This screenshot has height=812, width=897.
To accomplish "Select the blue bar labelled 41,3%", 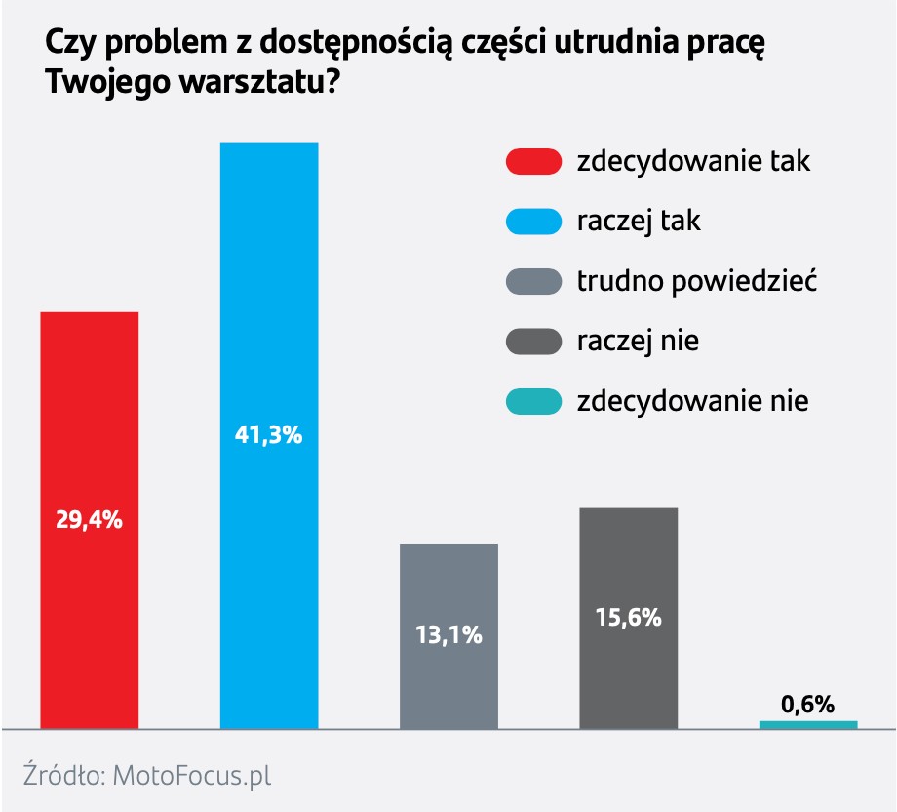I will [269, 293].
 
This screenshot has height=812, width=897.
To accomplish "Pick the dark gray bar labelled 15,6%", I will [629, 566].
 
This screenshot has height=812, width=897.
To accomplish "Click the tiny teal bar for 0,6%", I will [808, 724].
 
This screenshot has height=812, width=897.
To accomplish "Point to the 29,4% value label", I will [89, 520].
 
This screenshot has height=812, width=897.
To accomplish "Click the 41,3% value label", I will [269, 436].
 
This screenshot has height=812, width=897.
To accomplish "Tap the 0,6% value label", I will [808, 704].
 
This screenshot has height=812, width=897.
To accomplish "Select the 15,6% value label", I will [629, 617].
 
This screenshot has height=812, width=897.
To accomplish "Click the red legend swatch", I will [534, 162].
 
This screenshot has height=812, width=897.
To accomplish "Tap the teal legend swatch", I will [534, 401].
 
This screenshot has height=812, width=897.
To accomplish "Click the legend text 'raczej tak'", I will [639, 222].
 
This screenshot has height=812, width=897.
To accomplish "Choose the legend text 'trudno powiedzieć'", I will [696, 282].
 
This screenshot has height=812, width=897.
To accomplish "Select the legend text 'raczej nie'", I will [638, 342].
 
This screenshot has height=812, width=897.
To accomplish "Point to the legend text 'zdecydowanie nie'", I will [692, 401].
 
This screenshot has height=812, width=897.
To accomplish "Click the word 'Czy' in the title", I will [66, 45].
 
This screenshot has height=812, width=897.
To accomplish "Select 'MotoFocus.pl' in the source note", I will [191, 776].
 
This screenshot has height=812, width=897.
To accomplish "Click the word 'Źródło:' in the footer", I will [63, 776].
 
